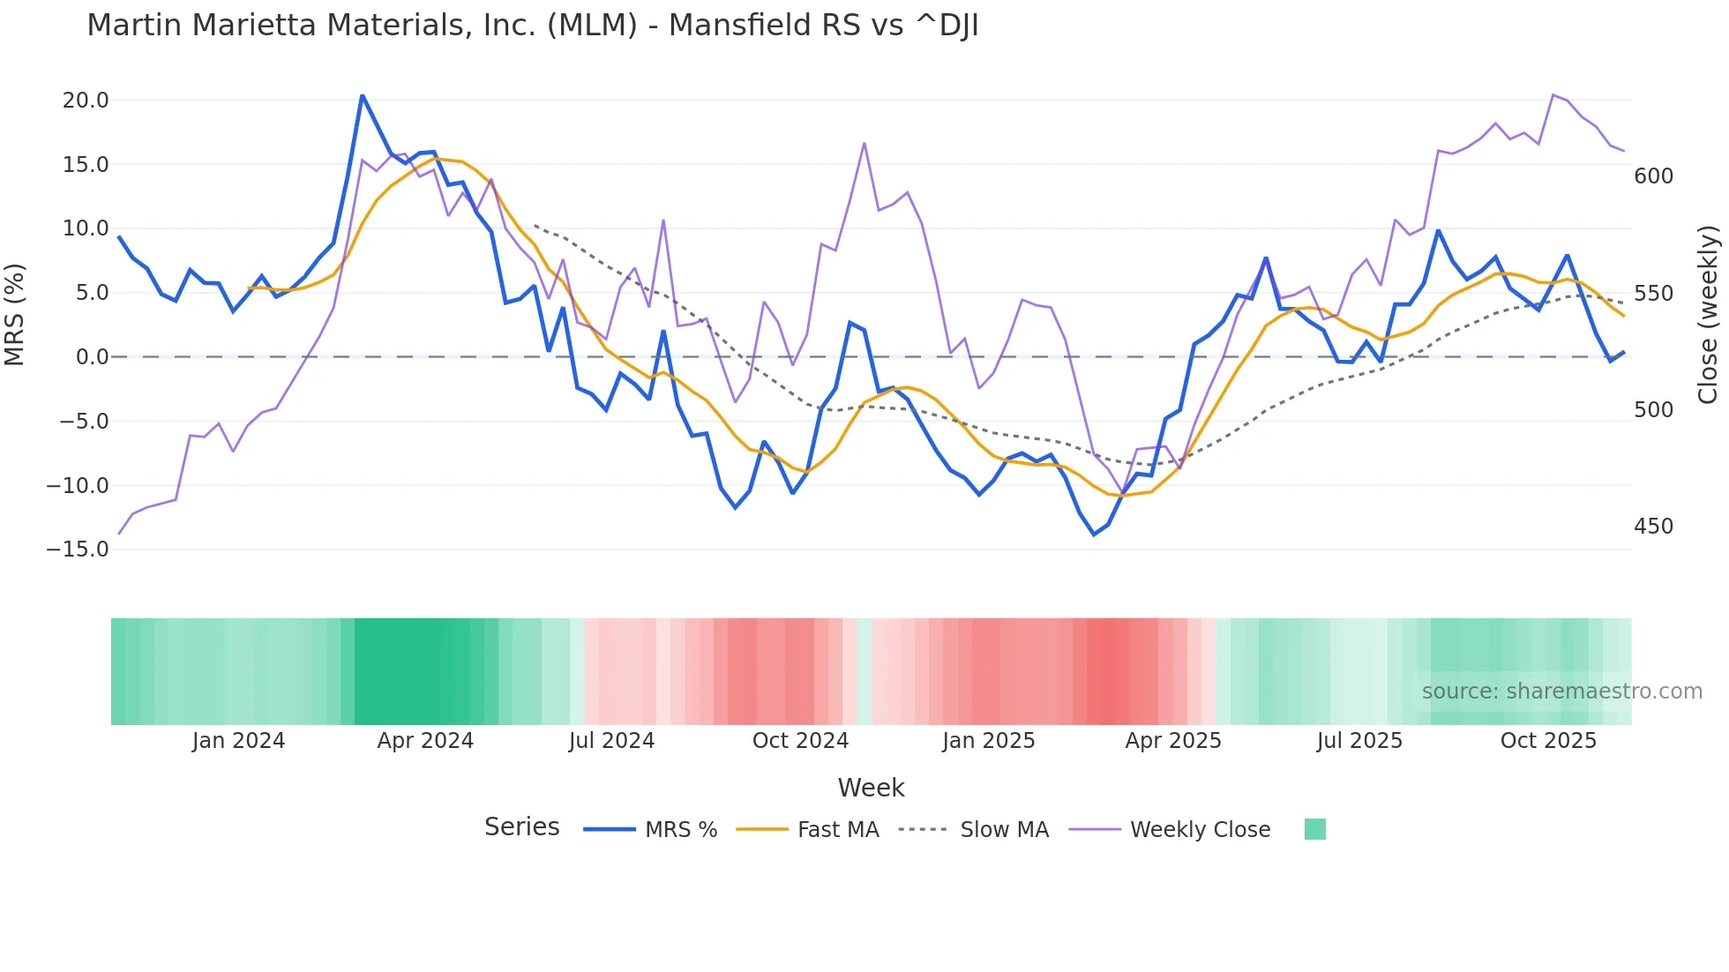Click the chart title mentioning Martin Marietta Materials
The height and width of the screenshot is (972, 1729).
coord(533,26)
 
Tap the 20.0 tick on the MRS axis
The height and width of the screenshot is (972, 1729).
coord(86,101)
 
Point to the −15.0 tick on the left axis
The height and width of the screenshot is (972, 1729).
coord(78,550)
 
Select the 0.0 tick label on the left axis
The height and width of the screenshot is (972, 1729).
coord(92,357)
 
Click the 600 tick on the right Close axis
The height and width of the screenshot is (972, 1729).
coord(1653,176)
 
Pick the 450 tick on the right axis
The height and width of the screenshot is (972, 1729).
coord(1653,527)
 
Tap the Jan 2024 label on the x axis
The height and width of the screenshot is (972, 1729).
coord(238,741)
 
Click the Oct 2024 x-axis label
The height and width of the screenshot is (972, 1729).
coord(800,741)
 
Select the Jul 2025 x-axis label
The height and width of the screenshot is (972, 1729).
coord(1359,741)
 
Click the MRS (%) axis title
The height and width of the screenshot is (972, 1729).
coord(15,315)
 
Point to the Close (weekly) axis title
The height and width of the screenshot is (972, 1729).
coord(1708,315)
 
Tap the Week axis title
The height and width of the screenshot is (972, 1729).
coord(871,788)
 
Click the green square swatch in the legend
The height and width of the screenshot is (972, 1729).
coord(1314,829)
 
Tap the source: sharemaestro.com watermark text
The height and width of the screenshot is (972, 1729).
coord(1561,692)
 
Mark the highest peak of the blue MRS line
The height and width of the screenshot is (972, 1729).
coord(363,95)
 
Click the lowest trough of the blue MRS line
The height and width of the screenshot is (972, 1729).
coord(1094,535)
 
